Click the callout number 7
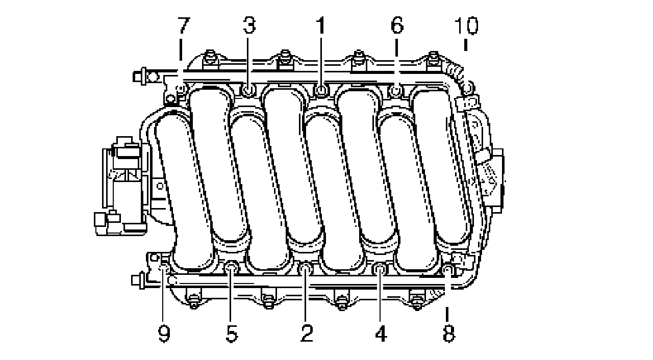click(x=184, y=25)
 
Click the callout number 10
click(x=466, y=25)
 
